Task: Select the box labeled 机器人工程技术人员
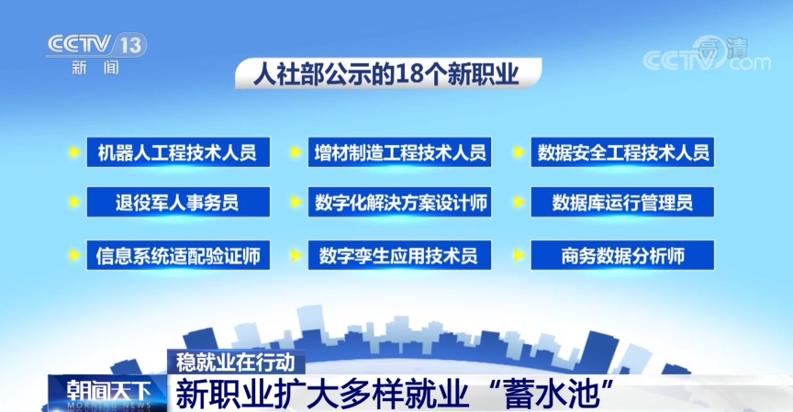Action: click(x=178, y=152)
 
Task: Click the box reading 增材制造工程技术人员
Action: click(x=399, y=152)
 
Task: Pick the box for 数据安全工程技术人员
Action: click(x=622, y=152)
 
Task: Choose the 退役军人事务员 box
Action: click(x=178, y=202)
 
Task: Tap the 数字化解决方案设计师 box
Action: click(x=399, y=202)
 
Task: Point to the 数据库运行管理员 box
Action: click(x=622, y=202)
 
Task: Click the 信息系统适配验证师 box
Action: click(x=178, y=255)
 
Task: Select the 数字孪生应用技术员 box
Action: click(x=399, y=255)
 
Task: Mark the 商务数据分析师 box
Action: click(x=622, y=255)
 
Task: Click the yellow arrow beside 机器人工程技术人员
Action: click(x=73, y=152)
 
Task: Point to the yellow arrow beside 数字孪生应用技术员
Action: click(x=295, y=255)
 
